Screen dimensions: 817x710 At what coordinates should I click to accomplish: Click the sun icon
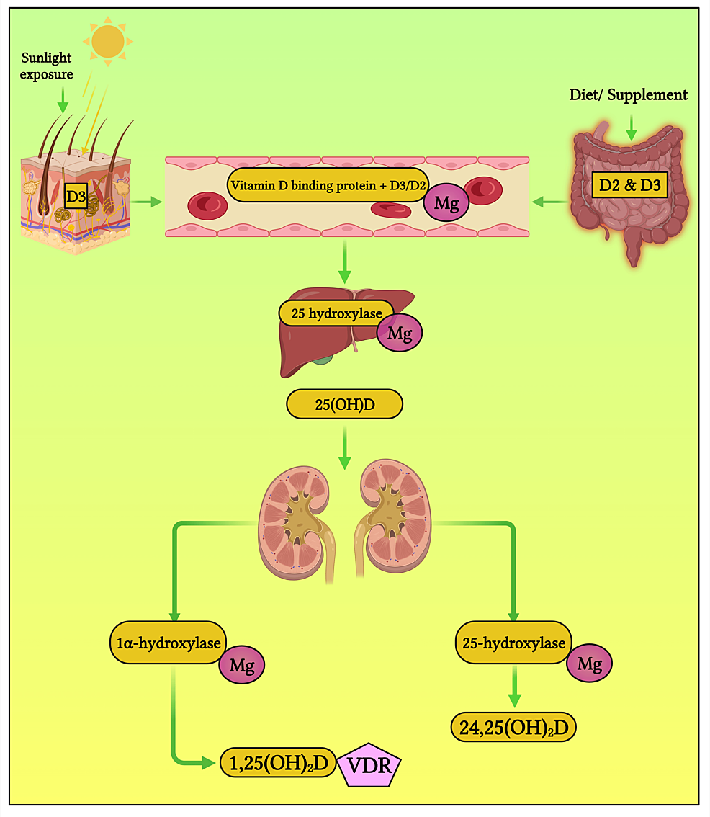point(107,40)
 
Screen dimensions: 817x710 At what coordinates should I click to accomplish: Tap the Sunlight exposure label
point(47,66)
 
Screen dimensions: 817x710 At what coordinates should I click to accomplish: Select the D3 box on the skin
point(76,197)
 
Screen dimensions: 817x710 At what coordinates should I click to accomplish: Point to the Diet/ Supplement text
point(628,95)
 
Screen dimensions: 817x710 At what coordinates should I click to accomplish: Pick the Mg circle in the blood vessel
point(446,204)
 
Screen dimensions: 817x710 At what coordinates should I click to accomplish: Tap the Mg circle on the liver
point(400,334)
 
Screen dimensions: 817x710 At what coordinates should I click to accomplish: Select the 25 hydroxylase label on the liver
point(336,313)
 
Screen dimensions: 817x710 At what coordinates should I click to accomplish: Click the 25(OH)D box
point(344,404)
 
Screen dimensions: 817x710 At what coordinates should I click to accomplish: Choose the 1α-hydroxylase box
point(168,643)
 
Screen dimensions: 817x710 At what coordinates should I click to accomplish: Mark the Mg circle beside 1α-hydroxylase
point(242,665)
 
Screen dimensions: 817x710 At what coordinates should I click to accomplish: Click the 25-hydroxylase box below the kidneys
point(514,643)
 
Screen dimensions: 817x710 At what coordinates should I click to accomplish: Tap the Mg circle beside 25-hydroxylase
point(589,663)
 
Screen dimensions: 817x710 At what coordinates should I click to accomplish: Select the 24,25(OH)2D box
point(514,728)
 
